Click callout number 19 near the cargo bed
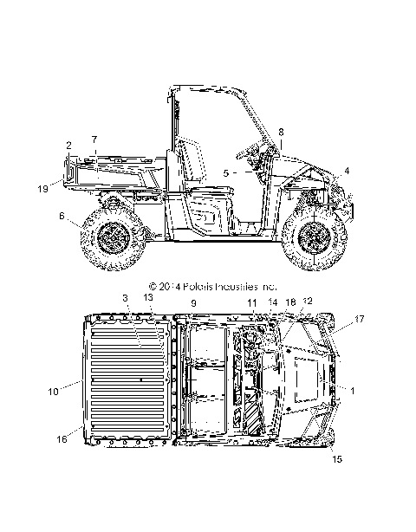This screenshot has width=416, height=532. click(x=43, y=189)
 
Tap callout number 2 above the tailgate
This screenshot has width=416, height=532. click(x=68, y=146)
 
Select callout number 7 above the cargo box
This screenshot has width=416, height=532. click(x=94, y=139)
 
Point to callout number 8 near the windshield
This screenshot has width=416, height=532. click(x=281, y=132)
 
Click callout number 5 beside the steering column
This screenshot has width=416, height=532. click(x=226, y=173)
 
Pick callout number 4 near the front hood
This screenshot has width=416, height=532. click(x=347, y=171)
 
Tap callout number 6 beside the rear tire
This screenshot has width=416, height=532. click(x=62, y=216)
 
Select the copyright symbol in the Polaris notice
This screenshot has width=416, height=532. click(x=153, y=287)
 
